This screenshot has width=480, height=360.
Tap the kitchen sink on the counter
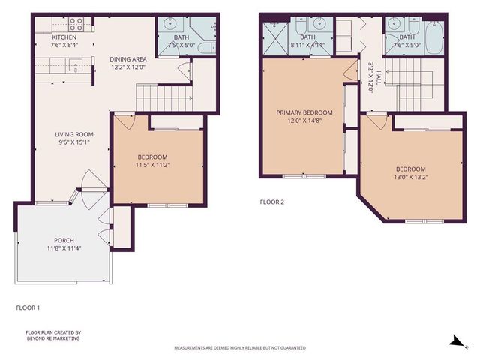click(75, 67)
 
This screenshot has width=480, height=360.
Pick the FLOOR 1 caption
click(28, 307)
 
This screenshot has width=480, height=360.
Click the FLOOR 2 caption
click(271, 202)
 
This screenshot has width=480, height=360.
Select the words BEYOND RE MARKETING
click(52, 338)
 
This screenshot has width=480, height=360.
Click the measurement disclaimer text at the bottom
click(240, 348)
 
